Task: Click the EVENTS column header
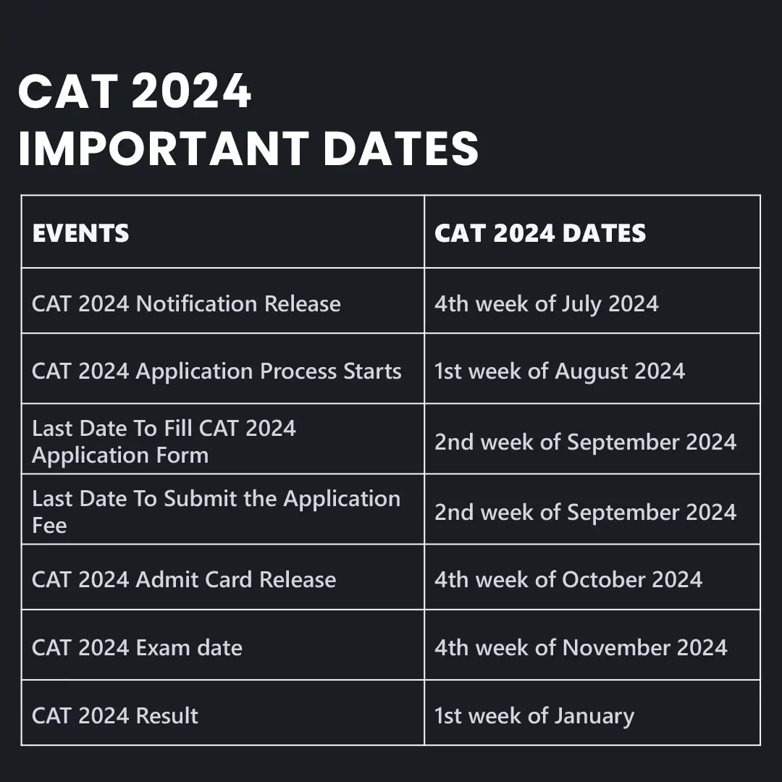tap(80, 233)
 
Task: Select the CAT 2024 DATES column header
tap(540, 233)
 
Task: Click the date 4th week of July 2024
tap(546, 304)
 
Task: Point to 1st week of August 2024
tap(560, 371)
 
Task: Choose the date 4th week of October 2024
tap(568, 579)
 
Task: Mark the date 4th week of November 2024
tap(581, 648)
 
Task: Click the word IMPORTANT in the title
tap(164, 148)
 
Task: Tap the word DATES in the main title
tap(401, 148)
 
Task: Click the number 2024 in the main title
tap(191, 91)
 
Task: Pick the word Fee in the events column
tap(49, 525)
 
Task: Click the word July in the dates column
tap(581, 305)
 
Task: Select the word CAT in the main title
tap(68, 91)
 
